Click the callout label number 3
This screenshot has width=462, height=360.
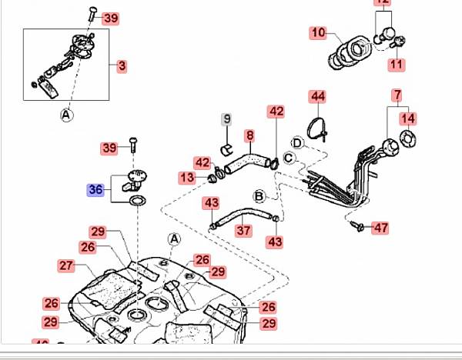pos(122,66)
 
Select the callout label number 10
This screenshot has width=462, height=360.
pos(318,33)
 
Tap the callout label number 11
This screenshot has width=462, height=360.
pos(395,65)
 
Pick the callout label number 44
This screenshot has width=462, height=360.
pos(318,96)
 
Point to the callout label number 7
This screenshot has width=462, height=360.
pos(397,96)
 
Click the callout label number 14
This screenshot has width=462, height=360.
pos(408,118)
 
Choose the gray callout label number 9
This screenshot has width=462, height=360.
pos(226,118)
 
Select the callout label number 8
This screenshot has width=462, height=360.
pos(249,136)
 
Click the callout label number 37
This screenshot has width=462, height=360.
pos(243,230)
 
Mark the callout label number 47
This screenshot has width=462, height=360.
pos(381,228)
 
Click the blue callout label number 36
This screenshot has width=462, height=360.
pos(95,189)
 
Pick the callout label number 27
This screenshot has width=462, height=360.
pos(65,265)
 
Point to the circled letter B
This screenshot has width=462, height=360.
pos(259,195)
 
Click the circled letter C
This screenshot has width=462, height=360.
pos(289,158)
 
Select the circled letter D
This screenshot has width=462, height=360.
pos(297,142)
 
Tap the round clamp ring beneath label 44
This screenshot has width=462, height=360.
pos(316,125)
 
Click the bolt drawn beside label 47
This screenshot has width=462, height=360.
pos(357,226)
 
